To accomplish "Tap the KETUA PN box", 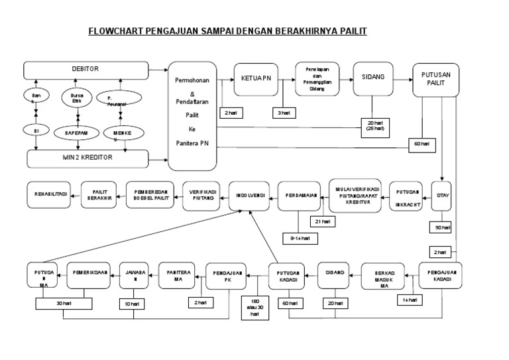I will [255, 80].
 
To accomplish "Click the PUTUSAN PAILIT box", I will [435, 80].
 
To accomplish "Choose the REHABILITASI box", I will [50, 194].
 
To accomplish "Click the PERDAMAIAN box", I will [299, 195].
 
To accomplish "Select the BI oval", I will [36, 131].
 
